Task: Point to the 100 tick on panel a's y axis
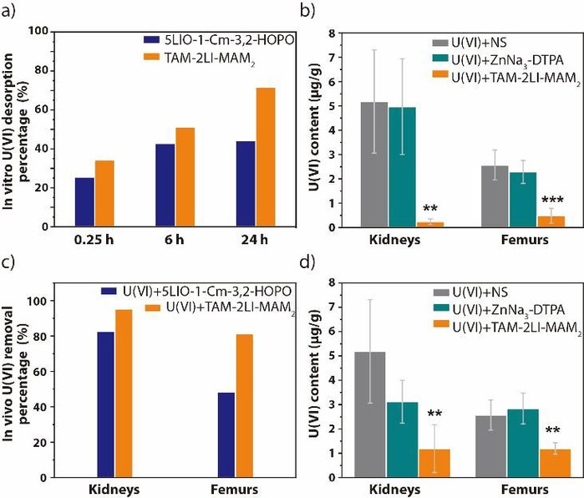(x=39, y=31)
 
